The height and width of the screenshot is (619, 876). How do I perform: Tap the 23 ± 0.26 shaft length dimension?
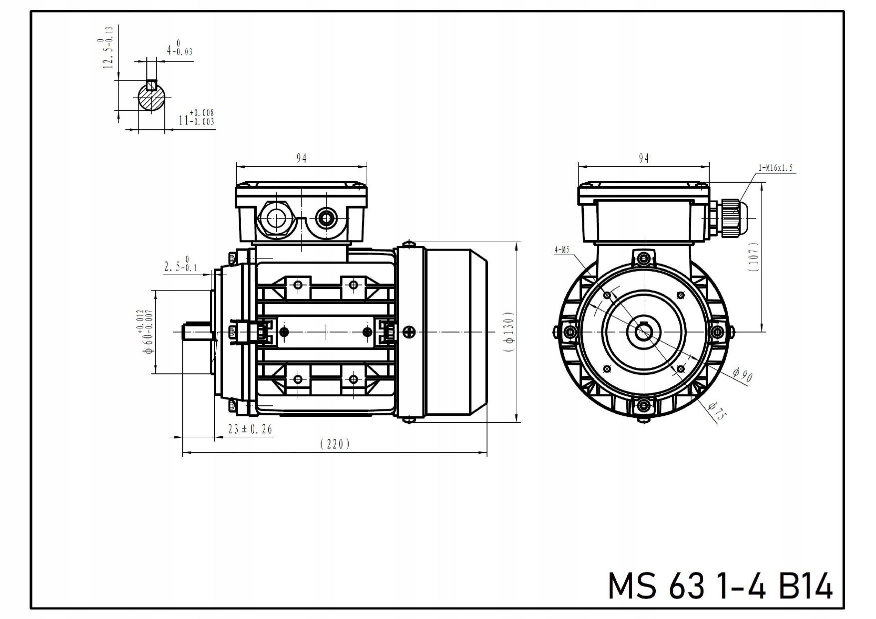point(250,429)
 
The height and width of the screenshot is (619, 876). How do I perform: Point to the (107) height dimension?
point(754,257)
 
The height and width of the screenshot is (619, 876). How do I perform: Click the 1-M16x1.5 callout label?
point(776,168)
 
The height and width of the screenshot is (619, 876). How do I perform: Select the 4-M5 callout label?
point(561,250)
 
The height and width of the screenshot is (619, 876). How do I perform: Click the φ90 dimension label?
point(743,374)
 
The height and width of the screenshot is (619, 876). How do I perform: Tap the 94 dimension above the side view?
point(301,158)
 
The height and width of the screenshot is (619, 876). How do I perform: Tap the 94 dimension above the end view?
point(644,158)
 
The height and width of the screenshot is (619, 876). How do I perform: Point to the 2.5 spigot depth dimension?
point(180,265)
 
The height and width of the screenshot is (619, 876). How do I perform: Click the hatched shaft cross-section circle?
point(152,97)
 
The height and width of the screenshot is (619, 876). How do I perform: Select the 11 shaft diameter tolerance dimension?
point(196,118)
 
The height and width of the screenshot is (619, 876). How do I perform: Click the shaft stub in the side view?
point(197,332)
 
